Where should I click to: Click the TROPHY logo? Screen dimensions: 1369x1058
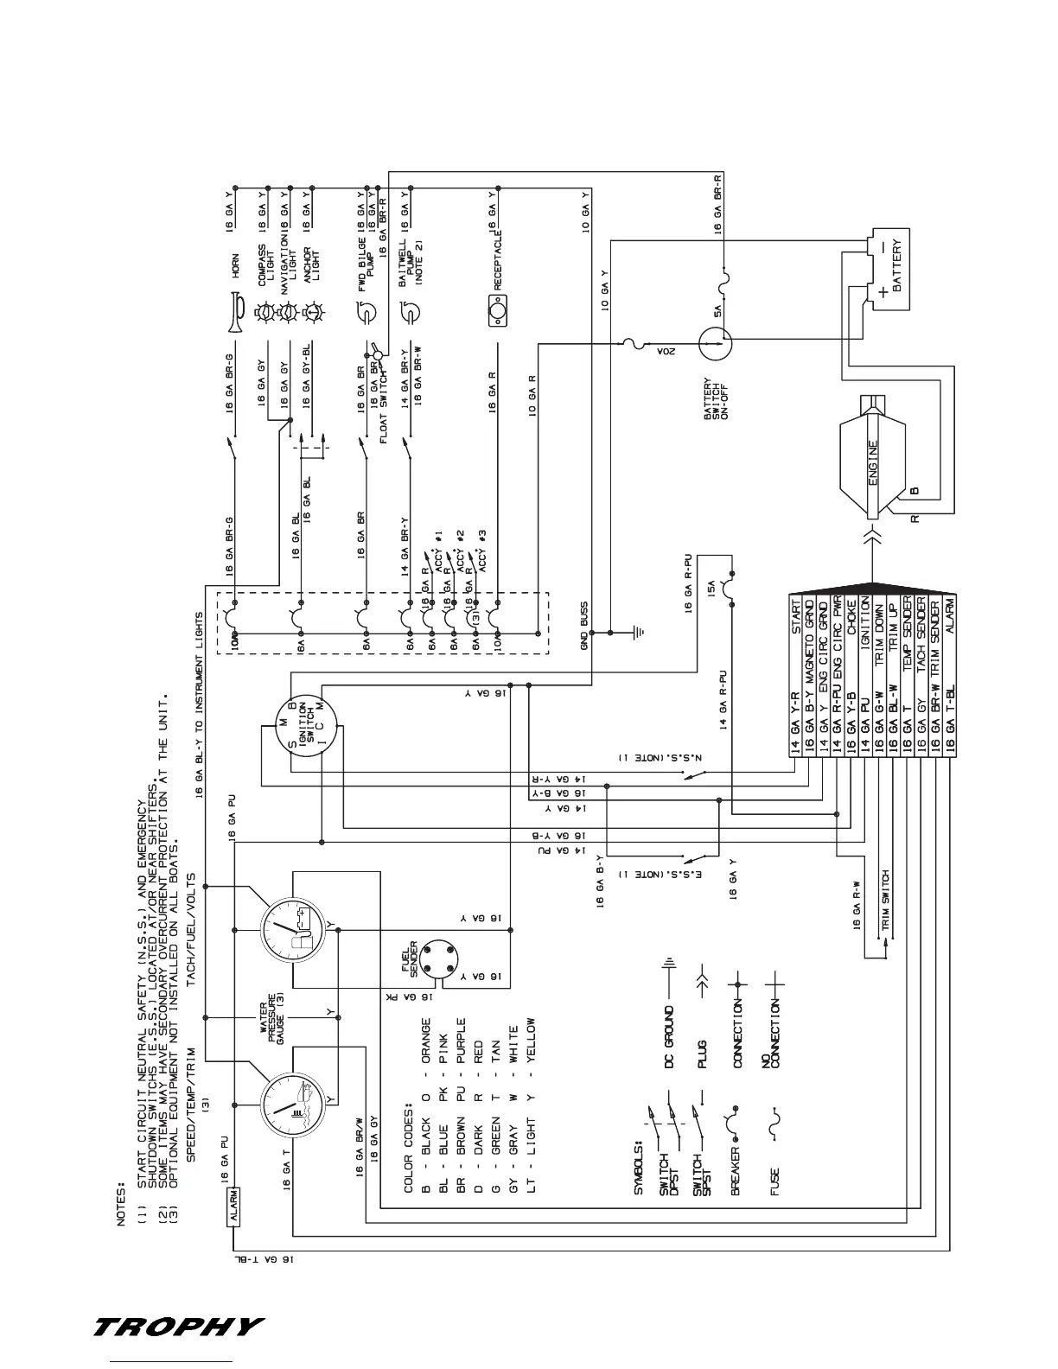[x=178, y=1326]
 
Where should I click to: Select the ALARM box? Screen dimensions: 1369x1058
[x=233, y=1207]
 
